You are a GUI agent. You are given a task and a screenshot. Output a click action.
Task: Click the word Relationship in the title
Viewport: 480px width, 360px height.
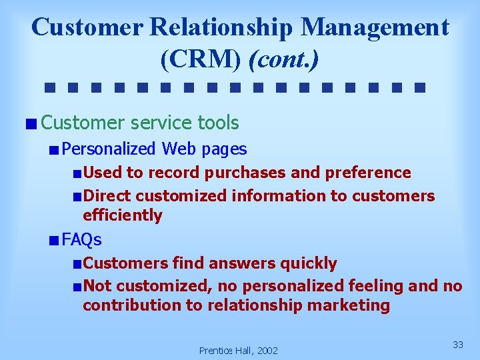(x=222, y=27)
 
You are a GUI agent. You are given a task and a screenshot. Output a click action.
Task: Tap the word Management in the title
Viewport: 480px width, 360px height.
(x=375, y=27)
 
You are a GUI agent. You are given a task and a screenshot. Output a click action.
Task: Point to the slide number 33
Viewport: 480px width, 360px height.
(x=458, y=344)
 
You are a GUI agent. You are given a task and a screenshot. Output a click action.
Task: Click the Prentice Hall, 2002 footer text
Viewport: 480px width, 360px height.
(x=239, y=350)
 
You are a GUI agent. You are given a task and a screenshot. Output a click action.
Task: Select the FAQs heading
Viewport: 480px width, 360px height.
(x=81, y=239)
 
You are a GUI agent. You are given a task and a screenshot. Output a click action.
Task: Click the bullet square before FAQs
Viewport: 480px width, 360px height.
(x=53, y=240)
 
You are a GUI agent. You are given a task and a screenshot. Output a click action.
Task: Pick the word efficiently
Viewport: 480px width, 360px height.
(x=123, y=215)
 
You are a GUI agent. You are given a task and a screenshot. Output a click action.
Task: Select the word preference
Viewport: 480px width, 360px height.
(x=368, y=173)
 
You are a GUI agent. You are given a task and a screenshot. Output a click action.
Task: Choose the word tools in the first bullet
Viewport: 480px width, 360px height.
(x=218, y=123)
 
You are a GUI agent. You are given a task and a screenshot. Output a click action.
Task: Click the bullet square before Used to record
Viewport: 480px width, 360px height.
(x=77, y=173)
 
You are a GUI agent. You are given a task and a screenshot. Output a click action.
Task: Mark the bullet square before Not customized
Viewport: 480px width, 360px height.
(x=77, y=287)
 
